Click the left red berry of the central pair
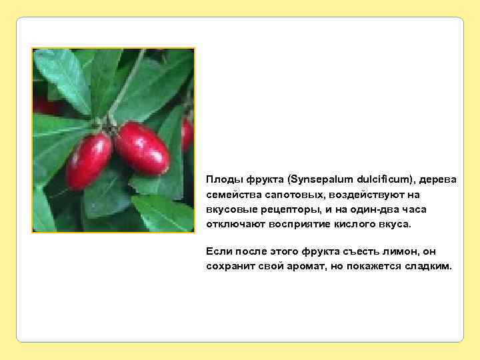pyautogui.click(x=88, y=161)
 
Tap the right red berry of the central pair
pyautogui.click(x=141, y=147)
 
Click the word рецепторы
pyautogui.click(x=281, y=209)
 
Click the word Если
pyautogui.click(x=219, y=251)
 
